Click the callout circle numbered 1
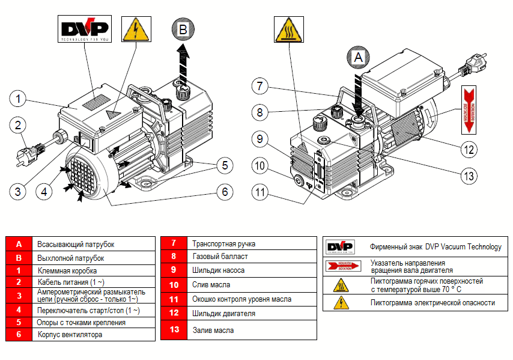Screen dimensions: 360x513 pyautogui.click(x=19, y=98)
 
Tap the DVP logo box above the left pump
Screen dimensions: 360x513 pyautogui.click(x=84, y=30)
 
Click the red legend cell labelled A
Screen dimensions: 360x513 pyautogui.click(x=19, y=245)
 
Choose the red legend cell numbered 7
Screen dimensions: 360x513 pyautogui.click(x=174, y=243)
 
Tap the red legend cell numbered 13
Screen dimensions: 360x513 pyautogui.click(x=174, y=330)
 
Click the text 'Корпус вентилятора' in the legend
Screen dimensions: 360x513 pyautogui.click(x=70, y=335)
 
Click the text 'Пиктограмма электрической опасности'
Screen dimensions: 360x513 pyautogui.click(x=433, y=303)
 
